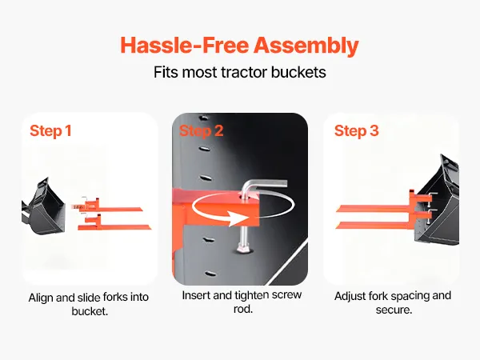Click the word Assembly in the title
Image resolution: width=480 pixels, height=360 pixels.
(306, 46)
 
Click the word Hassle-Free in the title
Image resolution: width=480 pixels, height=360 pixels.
(185, 45)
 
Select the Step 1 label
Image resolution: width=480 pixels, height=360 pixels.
(51, 131)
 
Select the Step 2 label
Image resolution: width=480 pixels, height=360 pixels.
(201, 131)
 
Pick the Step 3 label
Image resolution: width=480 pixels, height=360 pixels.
(356, 131)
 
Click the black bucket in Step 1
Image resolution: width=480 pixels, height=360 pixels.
(44, 207)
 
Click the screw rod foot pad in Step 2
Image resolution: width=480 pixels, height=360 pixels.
(244, 247)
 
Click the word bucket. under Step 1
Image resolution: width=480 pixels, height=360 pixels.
(90, 311)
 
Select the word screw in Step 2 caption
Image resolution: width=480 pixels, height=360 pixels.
(286, 295)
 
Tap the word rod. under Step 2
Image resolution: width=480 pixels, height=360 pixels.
(243, 309)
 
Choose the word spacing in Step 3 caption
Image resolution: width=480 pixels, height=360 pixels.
(410, 297)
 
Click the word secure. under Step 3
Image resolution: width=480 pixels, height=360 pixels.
(394, 310)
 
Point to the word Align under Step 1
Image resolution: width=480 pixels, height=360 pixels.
(41, 298)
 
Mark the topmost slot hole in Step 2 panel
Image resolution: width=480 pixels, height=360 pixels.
(203, 118)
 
